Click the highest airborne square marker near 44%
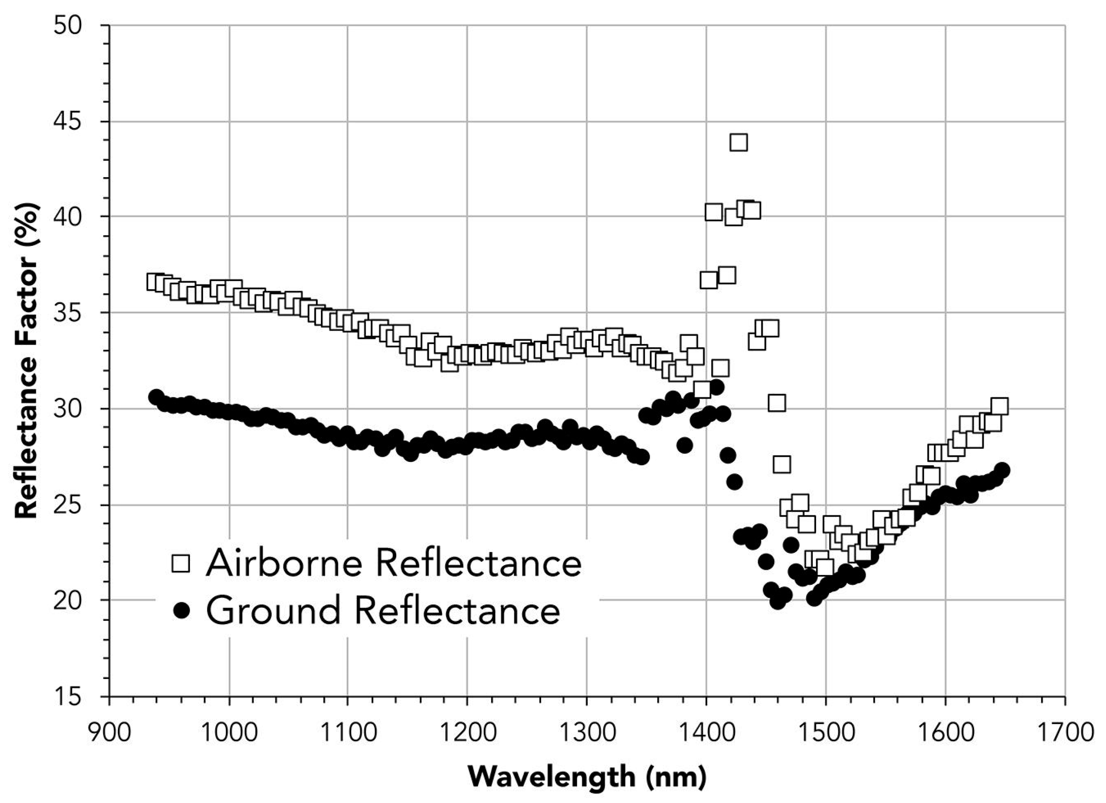[x=738, y=142]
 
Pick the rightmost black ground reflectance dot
[x=1002, y=470]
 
